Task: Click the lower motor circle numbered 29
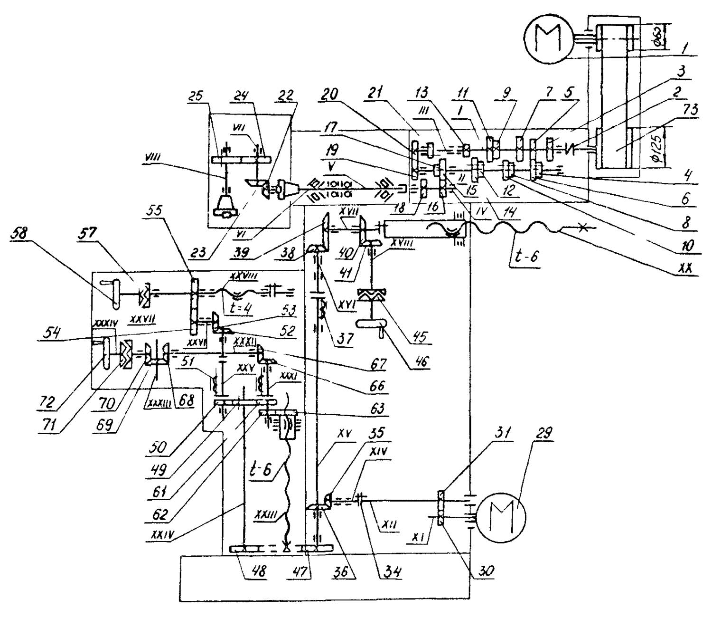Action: click(x=501, y=516)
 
